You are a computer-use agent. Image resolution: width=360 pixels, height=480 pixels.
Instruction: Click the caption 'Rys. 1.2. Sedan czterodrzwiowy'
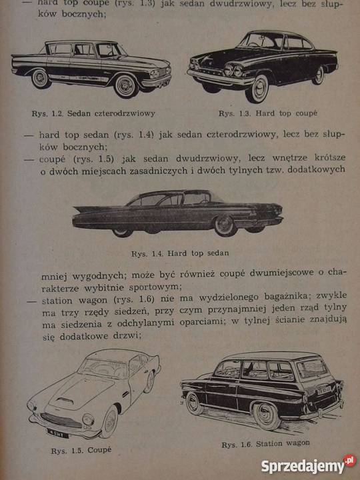pyautogui.click(x=93, y=113)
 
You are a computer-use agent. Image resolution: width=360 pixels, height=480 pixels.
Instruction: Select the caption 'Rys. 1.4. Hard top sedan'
pyautogui.click(x=180, y=253)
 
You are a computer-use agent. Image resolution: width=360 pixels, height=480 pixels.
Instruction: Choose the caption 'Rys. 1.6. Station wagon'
pyautogui.click(x=265, y=443)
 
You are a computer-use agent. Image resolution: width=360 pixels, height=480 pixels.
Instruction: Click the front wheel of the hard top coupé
pyautogui.click(x=257, y=87)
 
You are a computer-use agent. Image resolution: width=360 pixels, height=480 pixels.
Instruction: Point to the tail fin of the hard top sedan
pyautogui.click(x=87, y=210)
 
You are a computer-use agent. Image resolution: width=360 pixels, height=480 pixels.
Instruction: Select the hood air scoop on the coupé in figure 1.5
pyautogui.click(x=65, y=401)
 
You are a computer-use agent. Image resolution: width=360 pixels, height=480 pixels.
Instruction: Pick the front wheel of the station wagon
pyautogui.click(x=267, y=414)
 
